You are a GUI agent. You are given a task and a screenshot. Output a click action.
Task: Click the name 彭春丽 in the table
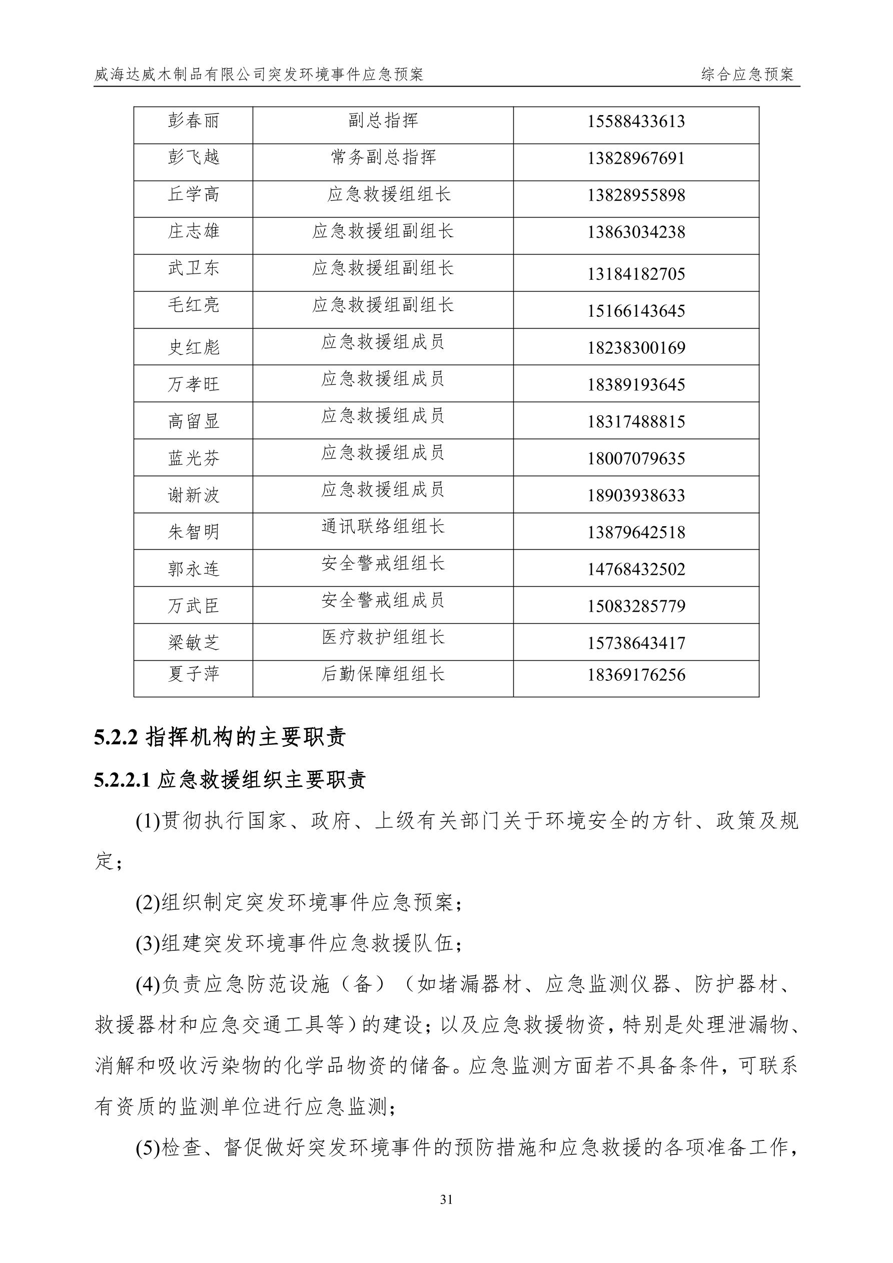[x=193, y=121]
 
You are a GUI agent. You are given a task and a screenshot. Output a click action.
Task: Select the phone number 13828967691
[x=636, y=159]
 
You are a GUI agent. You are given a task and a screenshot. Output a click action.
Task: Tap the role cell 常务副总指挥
[x=383, y=158]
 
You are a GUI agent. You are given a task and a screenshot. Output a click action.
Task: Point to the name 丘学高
[x=193, y=194]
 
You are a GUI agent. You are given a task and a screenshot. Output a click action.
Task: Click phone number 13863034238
[x=636, y=232]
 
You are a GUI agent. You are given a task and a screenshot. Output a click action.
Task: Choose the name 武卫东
[x=193, y=268]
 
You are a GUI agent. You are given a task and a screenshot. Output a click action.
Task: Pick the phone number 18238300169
[x=636, y=348]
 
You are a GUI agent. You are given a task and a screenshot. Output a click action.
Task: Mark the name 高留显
[x=193, y=421]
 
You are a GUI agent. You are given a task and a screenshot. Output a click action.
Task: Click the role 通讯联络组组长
[x=383, y=526]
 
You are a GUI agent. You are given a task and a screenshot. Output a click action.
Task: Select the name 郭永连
[x=193, y=569]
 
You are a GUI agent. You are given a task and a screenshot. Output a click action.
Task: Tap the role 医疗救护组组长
[x=383, y=637]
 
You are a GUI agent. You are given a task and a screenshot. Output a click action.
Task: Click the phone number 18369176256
[x=636, y=674]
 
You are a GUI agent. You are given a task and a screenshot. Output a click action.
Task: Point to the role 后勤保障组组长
[x=383, y=674]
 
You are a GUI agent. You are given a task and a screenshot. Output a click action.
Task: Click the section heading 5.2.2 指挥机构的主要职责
[x=220, y=738]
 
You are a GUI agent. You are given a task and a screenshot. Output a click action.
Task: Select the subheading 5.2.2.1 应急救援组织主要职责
[x=230, y=780]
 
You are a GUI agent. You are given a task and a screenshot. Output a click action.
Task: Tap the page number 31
[x=446, y=1200]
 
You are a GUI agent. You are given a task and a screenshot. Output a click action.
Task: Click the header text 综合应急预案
[x=748, y=74]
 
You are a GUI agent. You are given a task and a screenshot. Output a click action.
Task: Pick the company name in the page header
[x=259, y=74]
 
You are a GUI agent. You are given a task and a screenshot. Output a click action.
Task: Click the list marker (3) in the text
[x=148, y=944]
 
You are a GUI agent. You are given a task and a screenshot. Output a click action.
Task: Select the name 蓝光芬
[x=193, y=458]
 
